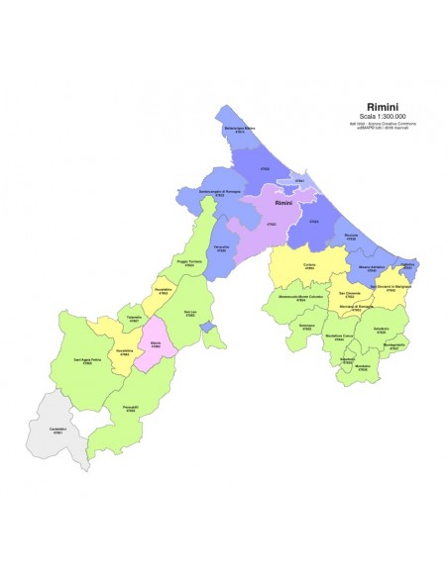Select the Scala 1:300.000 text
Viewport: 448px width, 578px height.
383,115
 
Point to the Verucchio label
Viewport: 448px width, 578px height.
223,248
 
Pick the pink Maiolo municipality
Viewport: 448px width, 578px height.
156,342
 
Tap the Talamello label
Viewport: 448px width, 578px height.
134,319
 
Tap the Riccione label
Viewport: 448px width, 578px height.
351,238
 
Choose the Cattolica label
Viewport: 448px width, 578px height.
407,266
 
